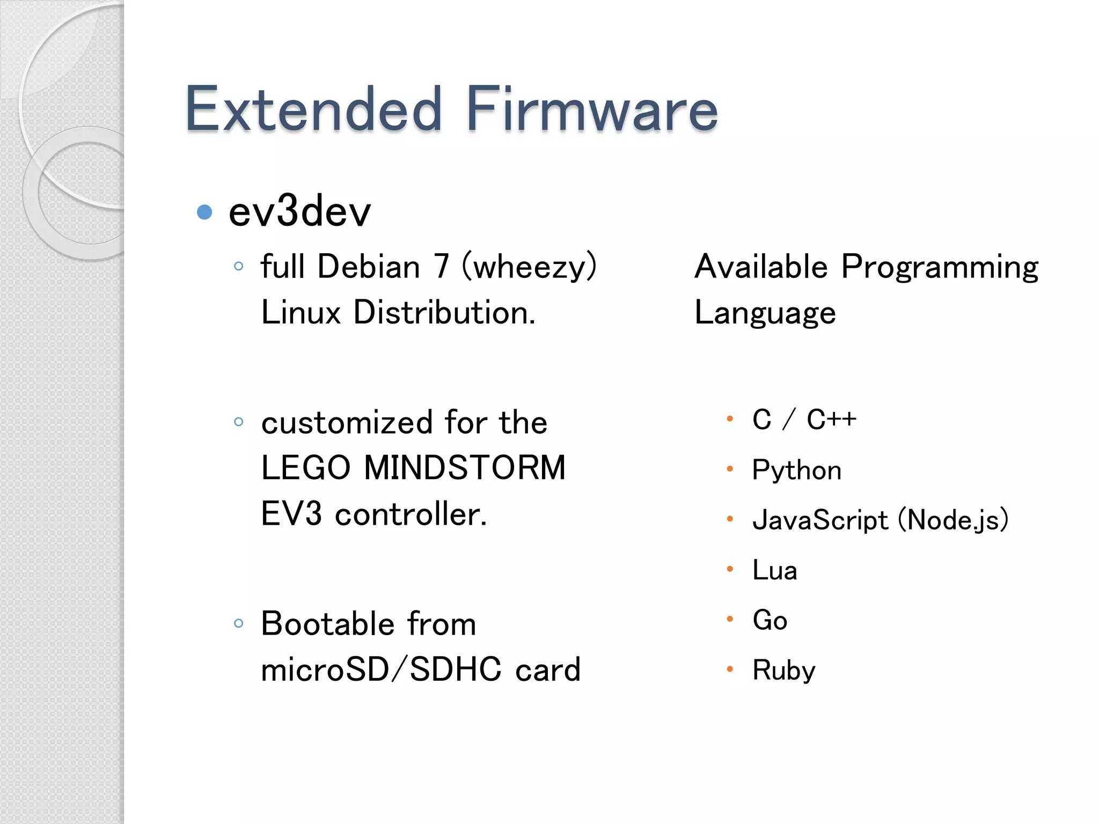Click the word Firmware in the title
click(x=592, y=109)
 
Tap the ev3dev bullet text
click(x=299, y=211)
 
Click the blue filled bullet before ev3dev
click(x=204, y=212)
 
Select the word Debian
click(x=369, y=267)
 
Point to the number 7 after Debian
click(x=441, y=267)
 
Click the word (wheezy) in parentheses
click(x=529, y=267)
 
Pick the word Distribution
click(x=444, y=312)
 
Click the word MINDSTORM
click(x=465, y=467)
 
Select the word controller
click(x=411, y=514)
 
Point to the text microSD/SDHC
click(x=381, y=669)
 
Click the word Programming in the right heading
click(x=940, y=267)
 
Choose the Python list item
click(x=796, y=470)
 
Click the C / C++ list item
click(x=804, y=419)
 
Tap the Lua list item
click(x=774, y=570)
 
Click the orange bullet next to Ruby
click(x=730, y=669)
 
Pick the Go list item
click(x=770, y=620)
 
